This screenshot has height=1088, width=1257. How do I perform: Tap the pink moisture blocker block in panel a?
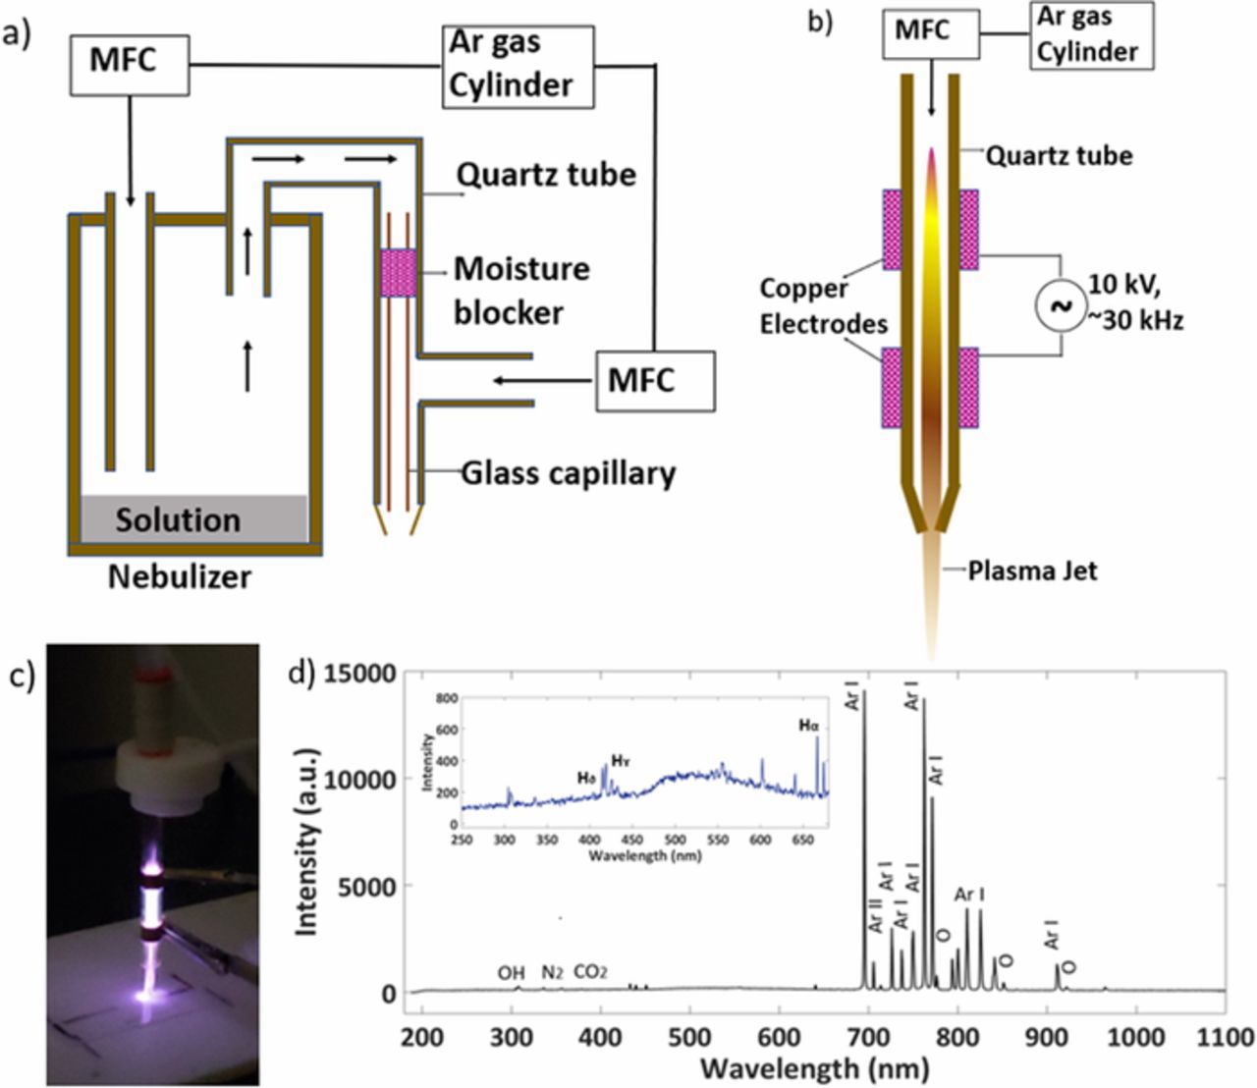(x=398, y=272)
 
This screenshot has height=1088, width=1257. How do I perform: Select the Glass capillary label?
(x=569, y=473)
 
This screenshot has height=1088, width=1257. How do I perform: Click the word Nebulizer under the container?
(x=180, y=575)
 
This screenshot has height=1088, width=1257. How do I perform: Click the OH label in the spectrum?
(x=511, y=973)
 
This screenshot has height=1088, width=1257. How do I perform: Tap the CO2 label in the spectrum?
(x=590, y=973)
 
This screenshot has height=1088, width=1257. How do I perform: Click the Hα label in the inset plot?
(x=808, y=725)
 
